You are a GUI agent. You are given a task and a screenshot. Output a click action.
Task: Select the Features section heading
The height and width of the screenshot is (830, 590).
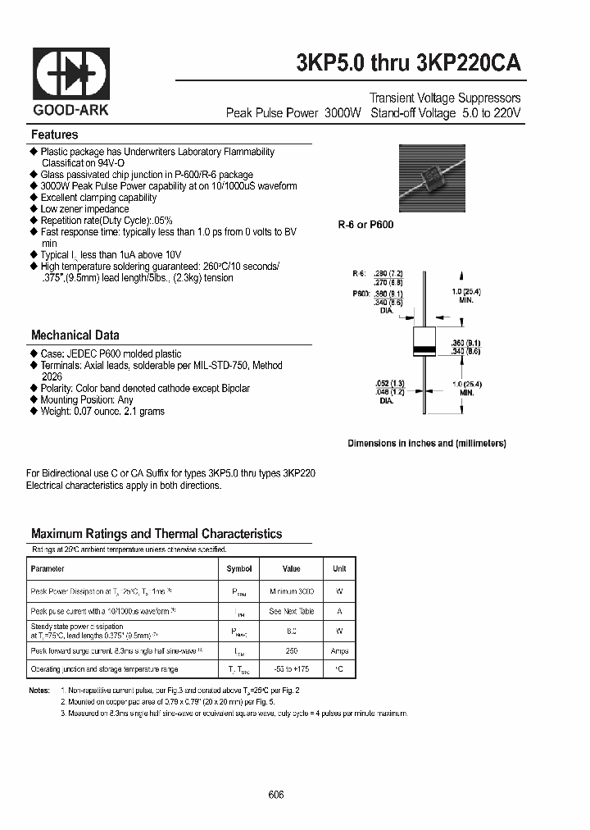(55, 135)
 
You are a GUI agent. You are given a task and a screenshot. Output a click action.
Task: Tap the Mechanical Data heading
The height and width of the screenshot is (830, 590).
(75, 335)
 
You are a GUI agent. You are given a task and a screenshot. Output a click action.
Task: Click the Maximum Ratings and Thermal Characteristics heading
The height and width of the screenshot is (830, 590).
(157, 533)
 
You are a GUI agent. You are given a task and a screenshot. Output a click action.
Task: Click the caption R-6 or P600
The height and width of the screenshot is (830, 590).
(366, 224)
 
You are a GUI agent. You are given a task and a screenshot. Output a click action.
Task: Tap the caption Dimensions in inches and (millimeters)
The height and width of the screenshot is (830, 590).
(426, 443)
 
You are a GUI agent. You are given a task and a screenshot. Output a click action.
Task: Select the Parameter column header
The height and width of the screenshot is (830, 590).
(47, 568)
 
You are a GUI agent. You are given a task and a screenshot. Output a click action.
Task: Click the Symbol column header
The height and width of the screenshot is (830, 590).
(239, 568)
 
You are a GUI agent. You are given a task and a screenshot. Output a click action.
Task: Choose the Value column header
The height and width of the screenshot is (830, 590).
(291, 568)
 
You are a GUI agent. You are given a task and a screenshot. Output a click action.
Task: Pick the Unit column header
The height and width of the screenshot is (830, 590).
(339, 568)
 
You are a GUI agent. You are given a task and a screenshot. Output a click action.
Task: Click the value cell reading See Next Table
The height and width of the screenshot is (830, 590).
(291, 611)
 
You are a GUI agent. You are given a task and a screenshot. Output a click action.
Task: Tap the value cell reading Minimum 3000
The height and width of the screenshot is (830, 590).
(291, 591)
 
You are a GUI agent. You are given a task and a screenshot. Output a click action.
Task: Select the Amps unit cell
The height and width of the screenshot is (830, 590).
(339, 650)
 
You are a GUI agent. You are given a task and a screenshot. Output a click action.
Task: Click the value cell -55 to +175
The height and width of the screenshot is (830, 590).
(291, 670)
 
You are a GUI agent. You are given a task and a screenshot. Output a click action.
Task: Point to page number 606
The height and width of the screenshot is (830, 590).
(276, 795)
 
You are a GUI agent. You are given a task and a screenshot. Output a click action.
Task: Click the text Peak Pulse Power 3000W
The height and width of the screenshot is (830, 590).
(293, 113)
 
